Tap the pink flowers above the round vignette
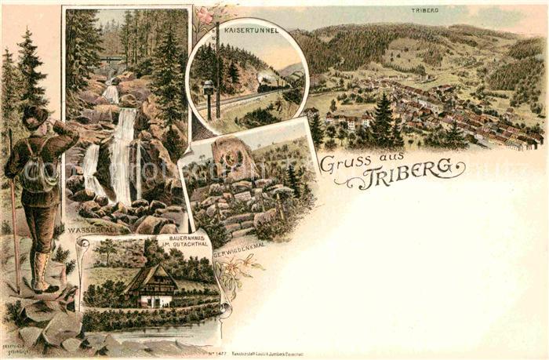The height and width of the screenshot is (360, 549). coord(206,13)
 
